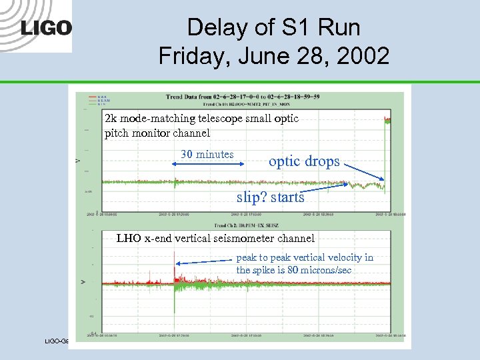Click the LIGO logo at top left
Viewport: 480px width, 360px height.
[45, 28]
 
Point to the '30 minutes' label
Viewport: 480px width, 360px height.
[207, 155]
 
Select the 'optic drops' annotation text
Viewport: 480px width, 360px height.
[304, 161]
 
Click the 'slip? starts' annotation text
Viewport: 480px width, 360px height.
[271, 197]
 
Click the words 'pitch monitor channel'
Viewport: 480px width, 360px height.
[157, 133]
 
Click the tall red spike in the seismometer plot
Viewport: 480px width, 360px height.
[174, 261]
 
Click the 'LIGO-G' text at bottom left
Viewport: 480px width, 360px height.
[57, 341]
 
